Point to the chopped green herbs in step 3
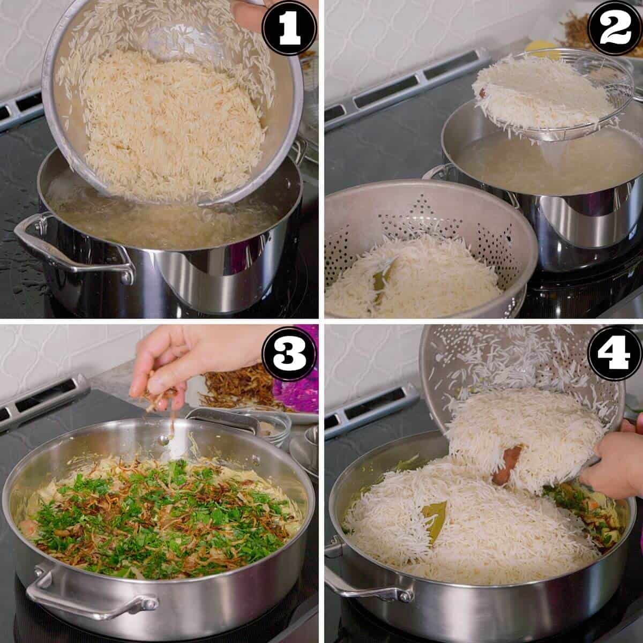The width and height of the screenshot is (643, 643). (x=161, y=514)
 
